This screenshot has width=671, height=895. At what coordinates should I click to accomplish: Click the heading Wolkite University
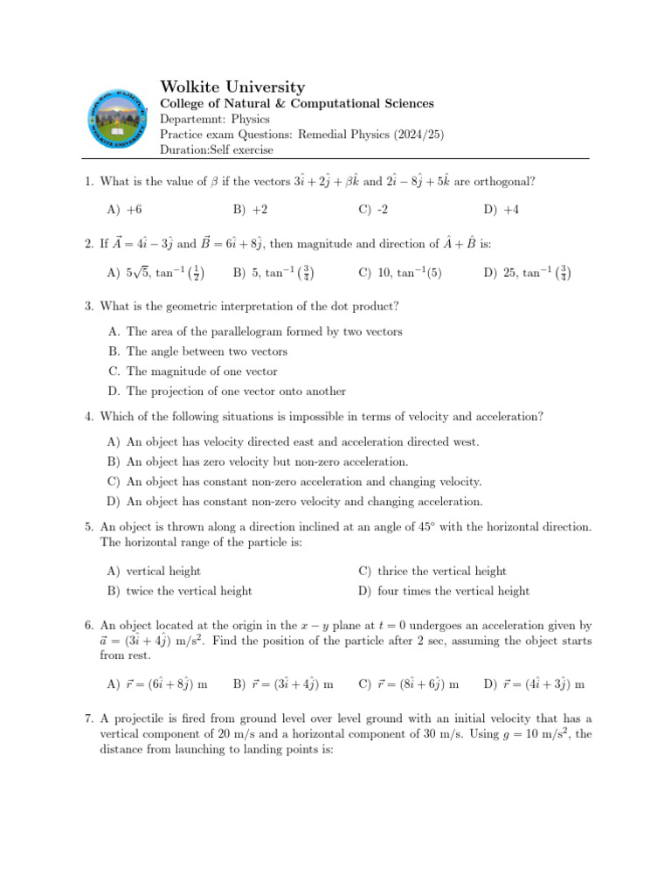click(233, 87)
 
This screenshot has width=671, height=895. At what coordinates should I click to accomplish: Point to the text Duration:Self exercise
click(216, 149)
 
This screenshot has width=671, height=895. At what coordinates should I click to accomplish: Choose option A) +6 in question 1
click(124, 210)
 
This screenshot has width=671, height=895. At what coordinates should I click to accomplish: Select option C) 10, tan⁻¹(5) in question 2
click(400, 273)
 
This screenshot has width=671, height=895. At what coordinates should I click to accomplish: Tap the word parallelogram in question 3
click(253, 331)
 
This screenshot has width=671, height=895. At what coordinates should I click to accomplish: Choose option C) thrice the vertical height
click(432, 571)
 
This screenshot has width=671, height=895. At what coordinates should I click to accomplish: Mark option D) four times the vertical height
click(444, 591)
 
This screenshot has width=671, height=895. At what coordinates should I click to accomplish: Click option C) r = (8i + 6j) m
click(409, 683)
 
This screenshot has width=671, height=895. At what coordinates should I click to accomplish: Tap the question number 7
click(88, 718)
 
